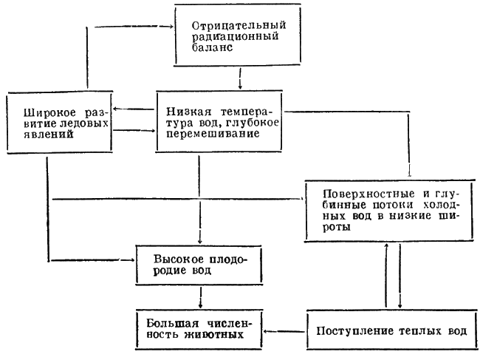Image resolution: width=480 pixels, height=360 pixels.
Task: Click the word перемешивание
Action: pos(210,135)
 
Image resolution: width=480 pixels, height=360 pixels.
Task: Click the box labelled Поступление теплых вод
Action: pos(388,329)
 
